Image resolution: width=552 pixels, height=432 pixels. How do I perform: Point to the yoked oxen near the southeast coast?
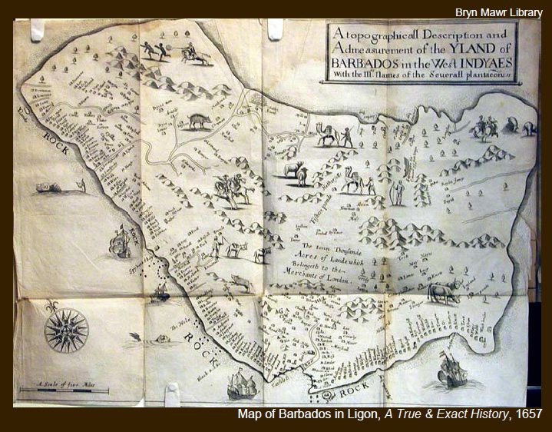tap(445, 291)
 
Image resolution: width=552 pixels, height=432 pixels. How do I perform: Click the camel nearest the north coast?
tap(328, 136)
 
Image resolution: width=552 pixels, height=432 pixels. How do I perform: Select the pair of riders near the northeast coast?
tap(484, 128)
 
